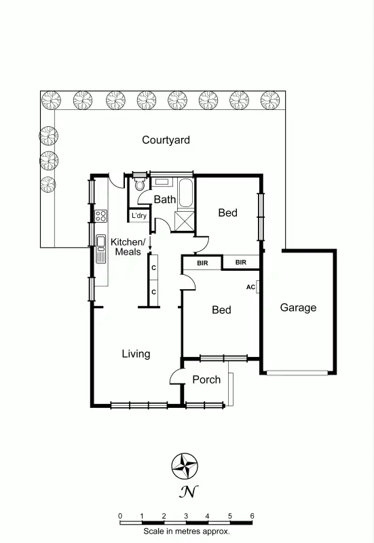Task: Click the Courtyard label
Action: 166,141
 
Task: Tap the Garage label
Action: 298,307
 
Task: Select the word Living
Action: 136,354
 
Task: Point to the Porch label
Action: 206,379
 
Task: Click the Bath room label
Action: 164,200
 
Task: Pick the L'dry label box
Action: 139,216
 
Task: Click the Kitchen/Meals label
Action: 128,247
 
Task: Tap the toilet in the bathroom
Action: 140,183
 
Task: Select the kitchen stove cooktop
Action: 100,216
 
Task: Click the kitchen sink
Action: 101,248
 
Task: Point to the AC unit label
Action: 250,287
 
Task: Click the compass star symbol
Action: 184,466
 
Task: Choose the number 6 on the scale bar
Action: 253,517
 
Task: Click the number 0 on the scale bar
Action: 120,517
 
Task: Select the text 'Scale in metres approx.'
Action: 186,532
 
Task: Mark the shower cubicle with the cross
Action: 184,221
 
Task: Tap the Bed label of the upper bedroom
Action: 227,213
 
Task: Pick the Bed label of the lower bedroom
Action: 221,310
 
